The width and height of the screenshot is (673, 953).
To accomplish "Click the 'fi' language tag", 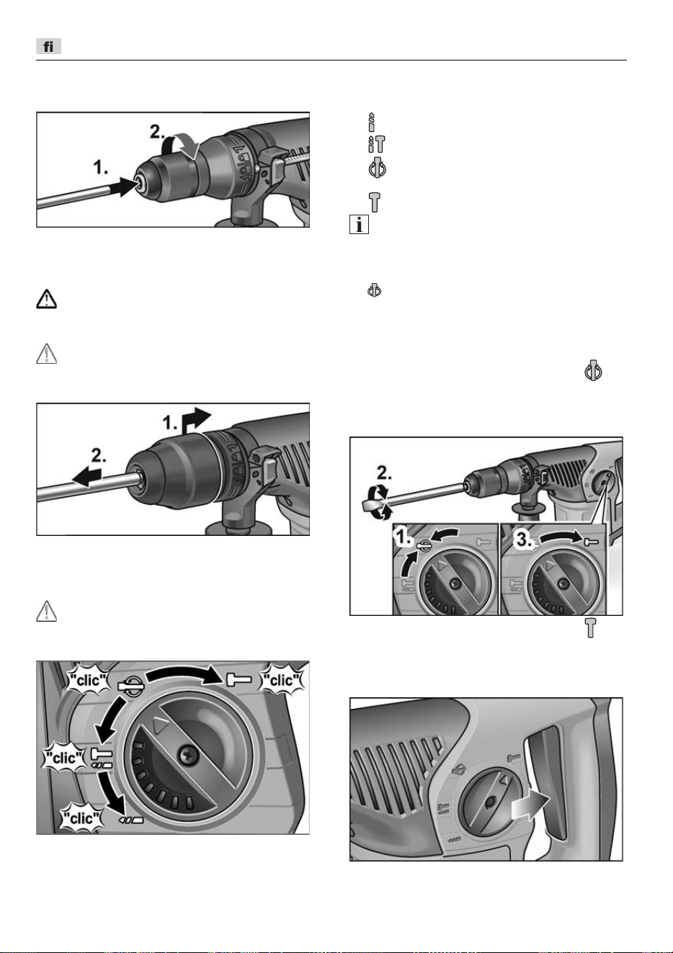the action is click(48, 46).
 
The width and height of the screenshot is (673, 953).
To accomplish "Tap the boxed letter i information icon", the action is click(359, 225).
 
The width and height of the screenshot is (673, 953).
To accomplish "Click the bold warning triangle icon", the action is click(46, 299).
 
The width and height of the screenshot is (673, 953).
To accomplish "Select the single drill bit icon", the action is click(372, 122).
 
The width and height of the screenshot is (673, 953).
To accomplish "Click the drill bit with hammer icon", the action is click(377, 144).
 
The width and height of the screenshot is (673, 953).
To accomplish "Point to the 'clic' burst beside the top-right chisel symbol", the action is click(281, 680).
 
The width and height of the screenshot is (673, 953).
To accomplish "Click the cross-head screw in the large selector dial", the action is click(189, 755).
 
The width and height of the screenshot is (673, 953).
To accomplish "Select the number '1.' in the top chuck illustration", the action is click(101, 168).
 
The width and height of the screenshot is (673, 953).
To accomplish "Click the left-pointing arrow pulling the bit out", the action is click(87, 477).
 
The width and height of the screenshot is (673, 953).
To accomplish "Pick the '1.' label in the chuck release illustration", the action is click(171, 423).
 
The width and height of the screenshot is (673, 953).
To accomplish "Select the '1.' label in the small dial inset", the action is click(403, 538).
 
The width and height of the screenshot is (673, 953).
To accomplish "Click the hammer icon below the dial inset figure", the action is click(591, 627).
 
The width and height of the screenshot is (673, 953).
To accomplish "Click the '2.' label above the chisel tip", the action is click(384, 473).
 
